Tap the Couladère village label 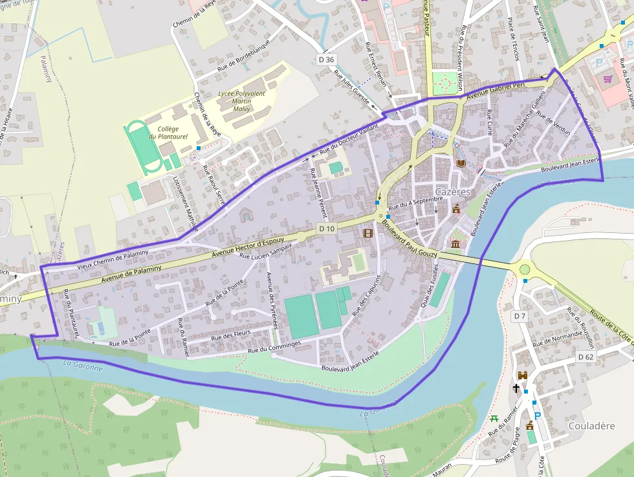591,426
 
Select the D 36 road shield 327,60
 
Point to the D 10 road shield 327,229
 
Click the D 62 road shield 585,357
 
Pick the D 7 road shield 519,316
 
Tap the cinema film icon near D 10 368,233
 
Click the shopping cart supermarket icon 607,79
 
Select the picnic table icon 495,419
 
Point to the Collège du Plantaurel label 163,133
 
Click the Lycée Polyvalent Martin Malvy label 241,101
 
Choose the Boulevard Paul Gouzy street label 410,237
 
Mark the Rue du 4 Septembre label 413,203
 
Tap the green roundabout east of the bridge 524,269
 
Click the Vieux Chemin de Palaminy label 113,260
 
